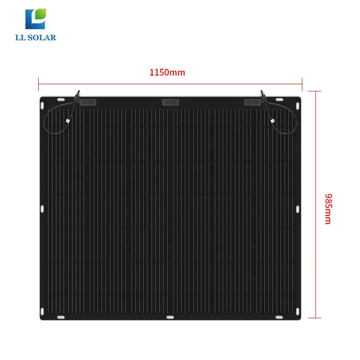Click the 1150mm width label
(x=167, y=72)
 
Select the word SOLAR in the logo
(x=43, y=37)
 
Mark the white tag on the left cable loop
(x=67, y=121)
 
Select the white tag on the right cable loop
(x=272, y=121)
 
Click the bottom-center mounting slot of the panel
(x=170, y=317)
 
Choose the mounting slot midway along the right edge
(x=297, y=209)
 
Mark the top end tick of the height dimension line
(x=318, y=91)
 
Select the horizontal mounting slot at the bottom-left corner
(x=60, y=317)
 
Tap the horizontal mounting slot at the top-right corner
(x=279, y=99)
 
